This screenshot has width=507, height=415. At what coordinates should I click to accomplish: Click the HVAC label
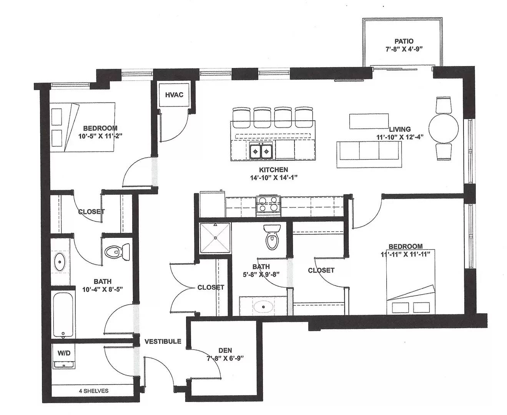click(174, 95)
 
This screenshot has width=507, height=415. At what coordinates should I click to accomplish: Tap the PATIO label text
click(404, 41)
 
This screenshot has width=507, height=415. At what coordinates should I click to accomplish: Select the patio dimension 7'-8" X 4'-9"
click(404, 49)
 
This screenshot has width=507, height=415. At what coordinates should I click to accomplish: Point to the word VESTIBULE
click(163, 342)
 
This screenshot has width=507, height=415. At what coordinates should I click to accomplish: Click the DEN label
click(225, 350)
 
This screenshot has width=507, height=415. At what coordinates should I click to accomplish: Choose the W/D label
click(64, 353)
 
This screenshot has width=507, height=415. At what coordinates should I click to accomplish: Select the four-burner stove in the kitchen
click(269, 204)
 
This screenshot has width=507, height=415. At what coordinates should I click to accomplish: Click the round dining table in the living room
click(444, 129)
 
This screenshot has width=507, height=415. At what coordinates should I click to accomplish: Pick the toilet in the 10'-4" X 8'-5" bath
click(117, 252)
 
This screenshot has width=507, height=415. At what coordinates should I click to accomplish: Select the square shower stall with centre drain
click(215, 238)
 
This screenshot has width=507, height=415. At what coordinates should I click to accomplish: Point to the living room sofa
click(369, 154)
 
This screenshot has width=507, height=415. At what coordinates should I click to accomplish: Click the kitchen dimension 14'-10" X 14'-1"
click(274, 178)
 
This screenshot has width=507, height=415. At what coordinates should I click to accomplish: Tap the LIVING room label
click(400, 129)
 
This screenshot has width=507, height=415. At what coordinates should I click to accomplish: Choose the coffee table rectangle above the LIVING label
click(369, 121)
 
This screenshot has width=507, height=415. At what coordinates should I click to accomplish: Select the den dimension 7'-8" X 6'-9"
click(225, 359)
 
